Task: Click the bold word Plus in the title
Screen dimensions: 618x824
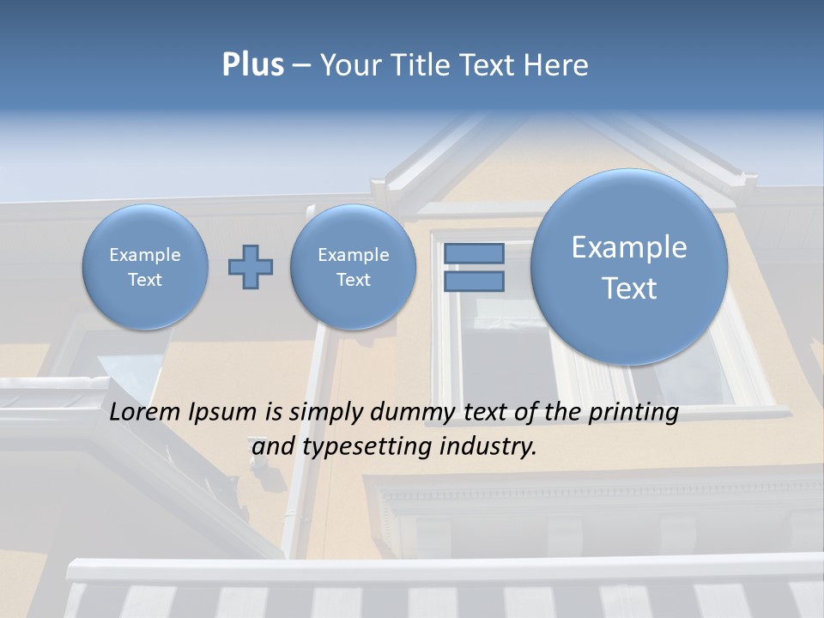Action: pos(252,64)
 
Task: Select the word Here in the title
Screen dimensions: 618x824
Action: pos(555,64)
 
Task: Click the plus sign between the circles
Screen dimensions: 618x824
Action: pos(251,267)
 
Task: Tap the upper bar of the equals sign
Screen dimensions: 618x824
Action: pos(474,254)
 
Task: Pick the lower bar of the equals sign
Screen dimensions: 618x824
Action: pos(474,282)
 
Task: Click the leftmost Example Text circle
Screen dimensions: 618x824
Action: pos(145,267)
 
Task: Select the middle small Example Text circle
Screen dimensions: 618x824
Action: pos(353,267)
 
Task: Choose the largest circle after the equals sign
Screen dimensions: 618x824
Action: pos(629,267)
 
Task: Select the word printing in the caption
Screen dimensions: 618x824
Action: pos(633,413)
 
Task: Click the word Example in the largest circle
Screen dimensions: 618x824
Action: pos(629,247)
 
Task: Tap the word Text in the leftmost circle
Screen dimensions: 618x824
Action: pos(145,280)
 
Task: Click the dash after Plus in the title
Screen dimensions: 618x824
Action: pos(301,65)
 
